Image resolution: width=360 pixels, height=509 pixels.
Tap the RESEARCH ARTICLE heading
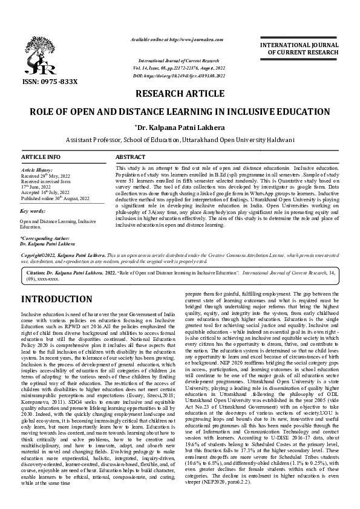point(179,94)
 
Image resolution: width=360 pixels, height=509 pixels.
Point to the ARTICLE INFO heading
point(41,157)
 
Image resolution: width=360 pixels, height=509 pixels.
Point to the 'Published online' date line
point(54,198)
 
